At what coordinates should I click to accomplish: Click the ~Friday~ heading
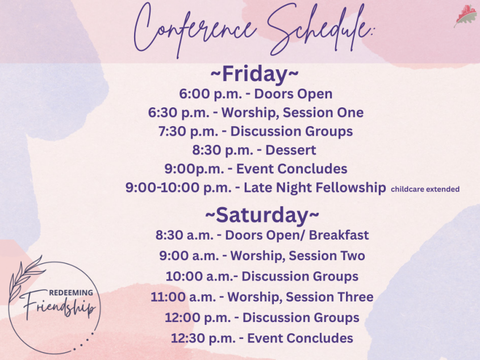[x=254, y=74]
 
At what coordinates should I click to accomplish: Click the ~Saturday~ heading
[x=262, y=215]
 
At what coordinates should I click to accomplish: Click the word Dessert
[x=290, y=150]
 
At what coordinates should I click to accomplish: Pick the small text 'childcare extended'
[x=425, y=189]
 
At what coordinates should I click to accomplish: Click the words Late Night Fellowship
[x=315, y=187]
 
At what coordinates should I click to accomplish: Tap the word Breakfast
[x=339, y=235]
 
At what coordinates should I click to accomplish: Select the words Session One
[x=323, y=112]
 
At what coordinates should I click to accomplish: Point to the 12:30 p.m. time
[x=203, y=338]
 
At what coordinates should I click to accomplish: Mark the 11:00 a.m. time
[x=183, y=297]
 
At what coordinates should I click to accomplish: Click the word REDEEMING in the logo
[x=71, y=292]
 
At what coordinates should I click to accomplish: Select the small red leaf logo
[x=465, y=16]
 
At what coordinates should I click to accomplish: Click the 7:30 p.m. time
[x=188, y=132]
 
